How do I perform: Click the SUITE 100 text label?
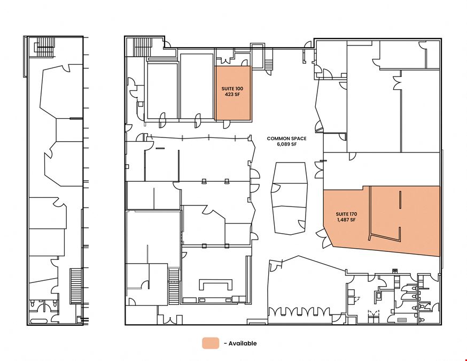point(232,89)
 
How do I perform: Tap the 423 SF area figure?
point(232,95)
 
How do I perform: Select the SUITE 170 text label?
point(346,214)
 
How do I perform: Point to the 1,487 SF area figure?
point(346,220)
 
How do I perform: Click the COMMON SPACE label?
point(286,139)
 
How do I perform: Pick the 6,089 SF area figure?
point(286,144)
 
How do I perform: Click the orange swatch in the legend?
point(211,343)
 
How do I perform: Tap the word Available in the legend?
point(243,343)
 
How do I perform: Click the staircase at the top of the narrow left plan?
point(45,47)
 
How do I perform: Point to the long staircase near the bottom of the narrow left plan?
point(76,286)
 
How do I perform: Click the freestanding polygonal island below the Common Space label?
point(289,198)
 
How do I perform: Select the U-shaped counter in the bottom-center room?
point(216,283)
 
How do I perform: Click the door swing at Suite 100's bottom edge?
point(227,124)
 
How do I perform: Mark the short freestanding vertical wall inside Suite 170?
point(400,199)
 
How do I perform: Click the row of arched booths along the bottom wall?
point(300,312)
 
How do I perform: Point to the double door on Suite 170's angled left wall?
point(325,237)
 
